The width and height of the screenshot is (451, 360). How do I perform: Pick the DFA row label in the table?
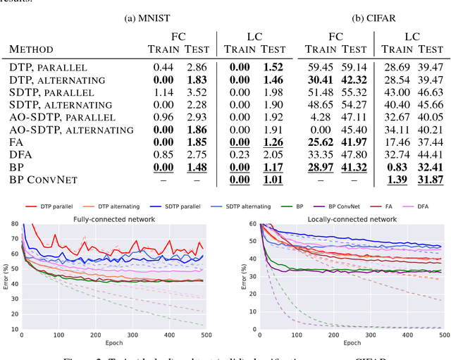pyautogui.click(x=22, y=155)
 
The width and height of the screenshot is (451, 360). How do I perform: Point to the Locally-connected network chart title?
pyautogui.click(x=342, y=218)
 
